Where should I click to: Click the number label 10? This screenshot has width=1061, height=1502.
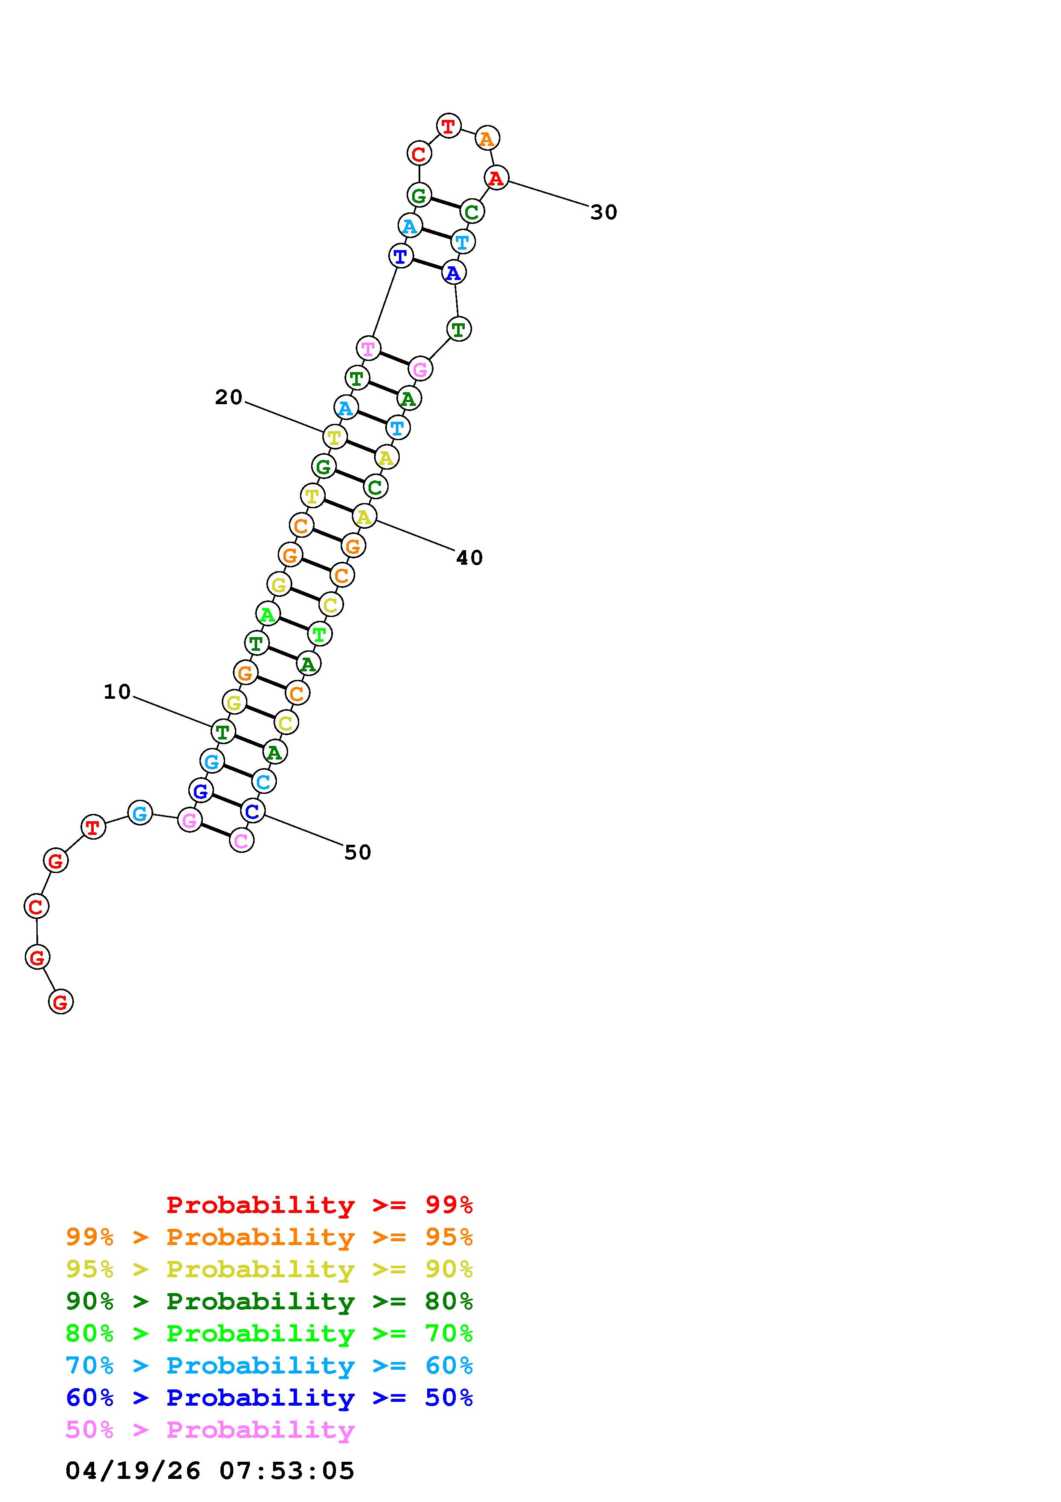(118, 692)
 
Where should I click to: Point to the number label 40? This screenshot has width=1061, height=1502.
(470, 558)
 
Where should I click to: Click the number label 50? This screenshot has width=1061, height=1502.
(357, 852)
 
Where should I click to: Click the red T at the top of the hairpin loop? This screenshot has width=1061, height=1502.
(449, 125)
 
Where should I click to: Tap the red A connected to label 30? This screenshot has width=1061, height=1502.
(496, 177)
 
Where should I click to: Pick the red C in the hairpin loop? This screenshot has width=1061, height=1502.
(419, 154)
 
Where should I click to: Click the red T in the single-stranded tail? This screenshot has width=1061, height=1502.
(93, 827)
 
